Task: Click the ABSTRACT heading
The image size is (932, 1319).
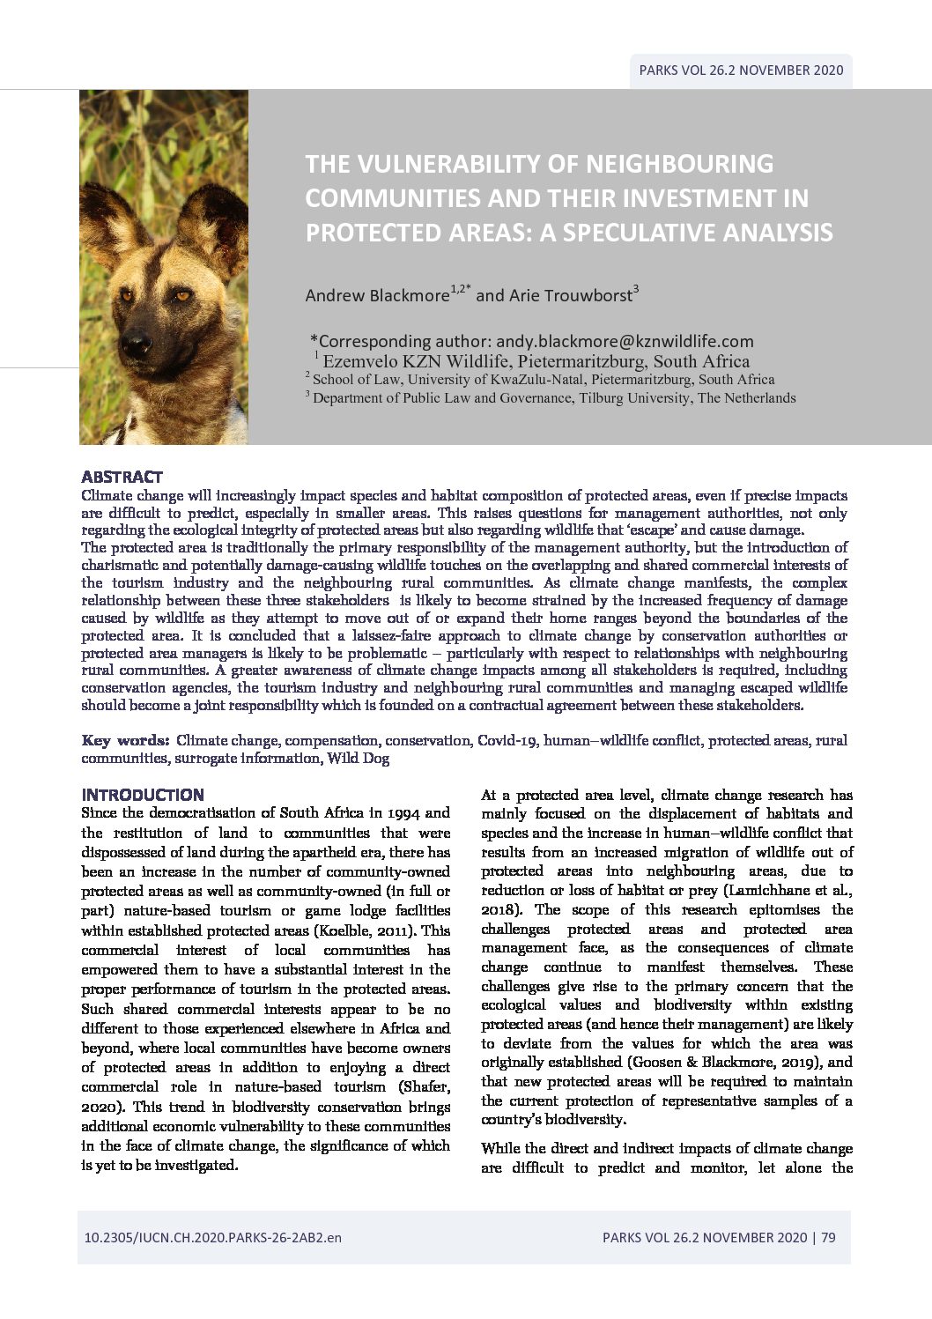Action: coord(122,477)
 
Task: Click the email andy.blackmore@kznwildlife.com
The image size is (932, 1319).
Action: coord(625,341)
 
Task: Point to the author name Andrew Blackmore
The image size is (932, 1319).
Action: coord(376,296)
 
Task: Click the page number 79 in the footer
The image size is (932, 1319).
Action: coord(828,1237)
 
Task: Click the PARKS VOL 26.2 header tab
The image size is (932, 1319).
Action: coord(740,70)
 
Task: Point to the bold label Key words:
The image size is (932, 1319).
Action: coord(125,740)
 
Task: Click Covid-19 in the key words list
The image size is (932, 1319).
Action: coord(507,740)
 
